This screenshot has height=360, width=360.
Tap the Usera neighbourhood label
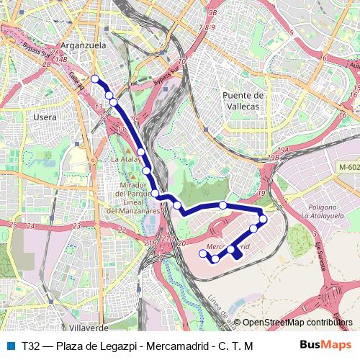45,117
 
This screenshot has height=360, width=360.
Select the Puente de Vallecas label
245,100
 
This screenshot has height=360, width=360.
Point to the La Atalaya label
126,158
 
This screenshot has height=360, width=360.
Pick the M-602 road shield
348,167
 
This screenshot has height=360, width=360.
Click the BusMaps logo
321,346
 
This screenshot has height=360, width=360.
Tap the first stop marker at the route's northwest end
94,78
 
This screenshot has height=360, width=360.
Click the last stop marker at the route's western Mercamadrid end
202,253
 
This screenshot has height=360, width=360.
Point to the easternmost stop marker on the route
263,219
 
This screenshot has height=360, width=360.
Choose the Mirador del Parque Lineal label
133,202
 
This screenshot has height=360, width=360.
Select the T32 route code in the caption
31,346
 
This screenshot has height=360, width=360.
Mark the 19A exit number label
283,149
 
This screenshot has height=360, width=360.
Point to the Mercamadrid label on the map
228,246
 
